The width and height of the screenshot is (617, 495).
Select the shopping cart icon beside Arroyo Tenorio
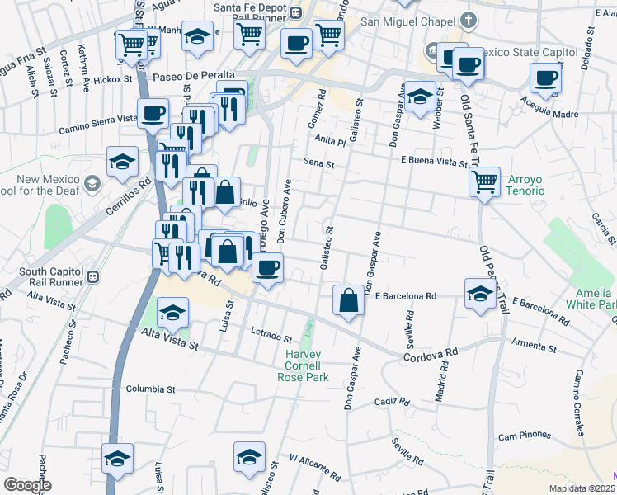click(x=485, y=181)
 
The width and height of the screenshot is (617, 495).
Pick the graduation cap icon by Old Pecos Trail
click(x=480, y=295)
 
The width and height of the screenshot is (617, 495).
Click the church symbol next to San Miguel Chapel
click(x=469, y=20)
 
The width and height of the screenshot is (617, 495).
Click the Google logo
click(x=27, y=484)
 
